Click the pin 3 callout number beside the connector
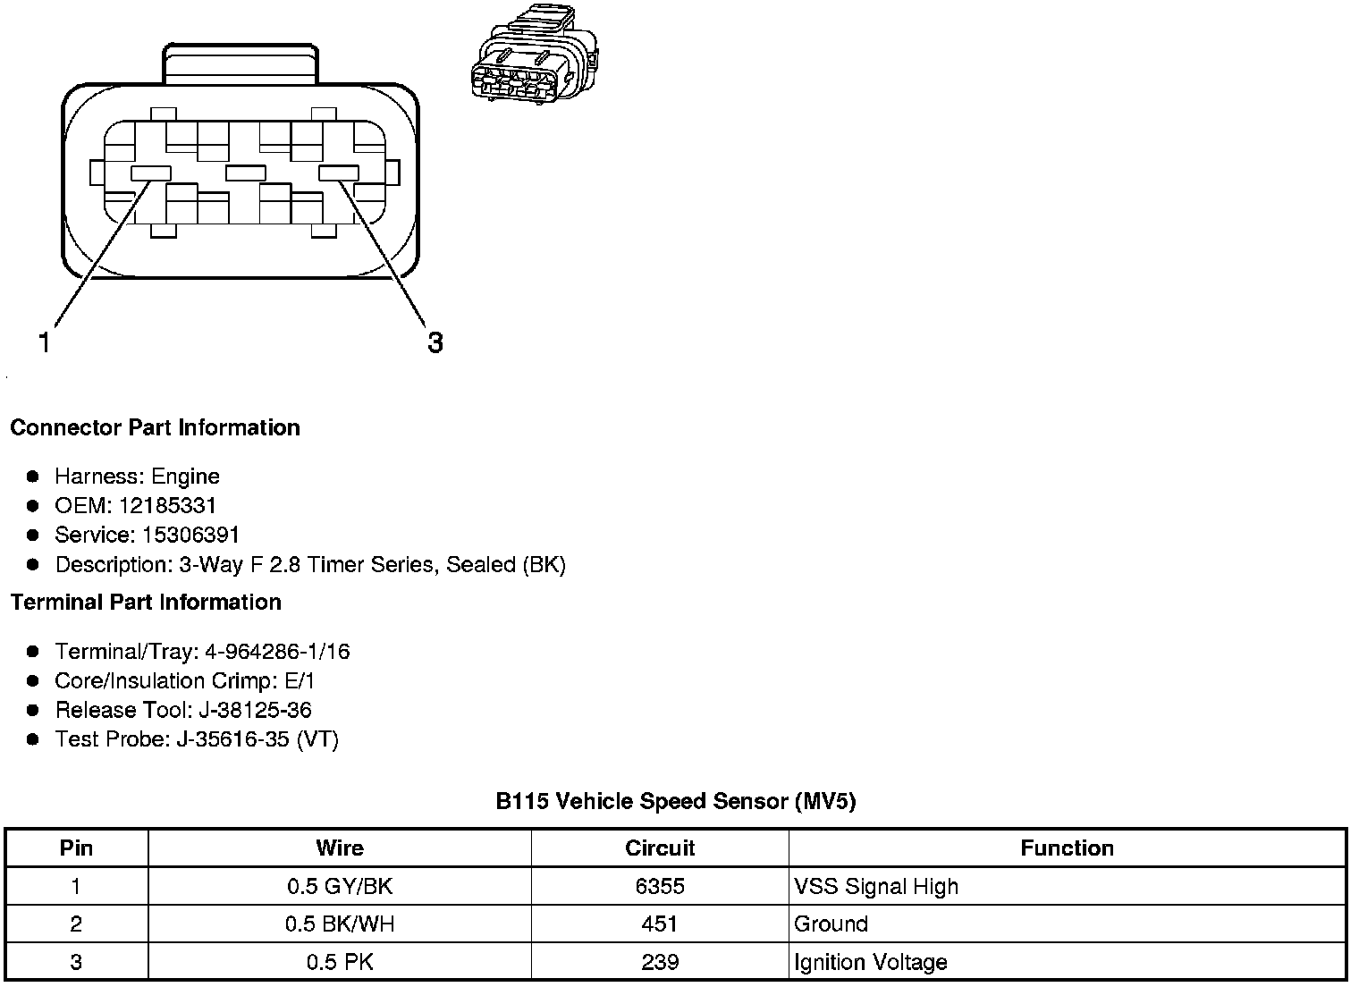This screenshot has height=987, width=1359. pyautogui.click(x=435, y=342)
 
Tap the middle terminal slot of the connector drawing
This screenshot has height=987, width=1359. pyautogui.click(x=245, y=173)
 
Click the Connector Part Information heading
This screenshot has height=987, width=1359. pyautogui.click(x=155, y=427)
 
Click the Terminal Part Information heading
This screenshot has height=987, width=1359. pyautogui.click(x=146, y=602)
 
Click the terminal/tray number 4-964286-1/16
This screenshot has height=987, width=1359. pyautogui.click(x=277, y=651)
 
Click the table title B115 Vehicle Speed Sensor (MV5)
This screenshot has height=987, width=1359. pyautogui.click(x=676, y=801)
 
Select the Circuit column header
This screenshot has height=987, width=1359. pyautogui.click(x=660, y=848)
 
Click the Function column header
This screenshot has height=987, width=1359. pyautogui.click(x=1067, y=848)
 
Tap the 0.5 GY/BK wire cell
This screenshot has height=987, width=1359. pyautogui.click(x=340, y=886)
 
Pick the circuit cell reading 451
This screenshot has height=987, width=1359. pyautogui.click(x=660, y=924)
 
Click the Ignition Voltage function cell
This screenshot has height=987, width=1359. pyautogui.click(x=870, y=962)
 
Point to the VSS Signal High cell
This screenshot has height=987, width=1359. pyautogui.click(x=875, y=886)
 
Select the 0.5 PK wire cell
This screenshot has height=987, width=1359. pyautogui.click(x=340, y=962)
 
